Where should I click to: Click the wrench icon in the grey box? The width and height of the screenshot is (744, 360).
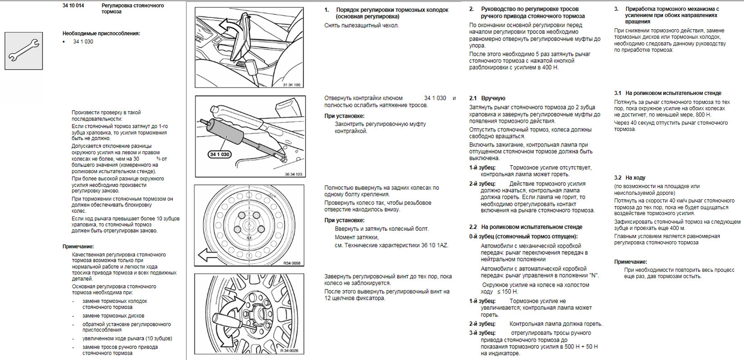tap(24, 50)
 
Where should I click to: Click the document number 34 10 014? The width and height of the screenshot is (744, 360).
tap(73, 6)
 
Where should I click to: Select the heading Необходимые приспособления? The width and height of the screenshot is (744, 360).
tap(101, 33)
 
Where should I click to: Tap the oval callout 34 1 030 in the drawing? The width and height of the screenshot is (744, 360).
tap(220, 154)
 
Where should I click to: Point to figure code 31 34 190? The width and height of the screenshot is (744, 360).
tap(291, 85)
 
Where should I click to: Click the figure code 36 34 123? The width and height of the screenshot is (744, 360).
tap(293, 174)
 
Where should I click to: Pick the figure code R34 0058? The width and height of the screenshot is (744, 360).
tap(292, 263)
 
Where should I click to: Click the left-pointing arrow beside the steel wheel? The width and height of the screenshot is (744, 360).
tap(207, 255)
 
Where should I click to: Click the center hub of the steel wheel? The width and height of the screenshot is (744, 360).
tap(249, 224)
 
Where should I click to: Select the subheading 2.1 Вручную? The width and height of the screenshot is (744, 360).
tap(487, 98)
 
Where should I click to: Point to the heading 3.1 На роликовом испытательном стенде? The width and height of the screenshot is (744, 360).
tap(667, 93)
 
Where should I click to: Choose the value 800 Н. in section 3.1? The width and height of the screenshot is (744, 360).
tap(702, 115)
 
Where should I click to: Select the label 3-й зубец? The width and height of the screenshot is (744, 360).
tap(482, 333)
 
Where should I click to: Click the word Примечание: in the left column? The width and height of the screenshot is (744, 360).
tap(78, 247)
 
